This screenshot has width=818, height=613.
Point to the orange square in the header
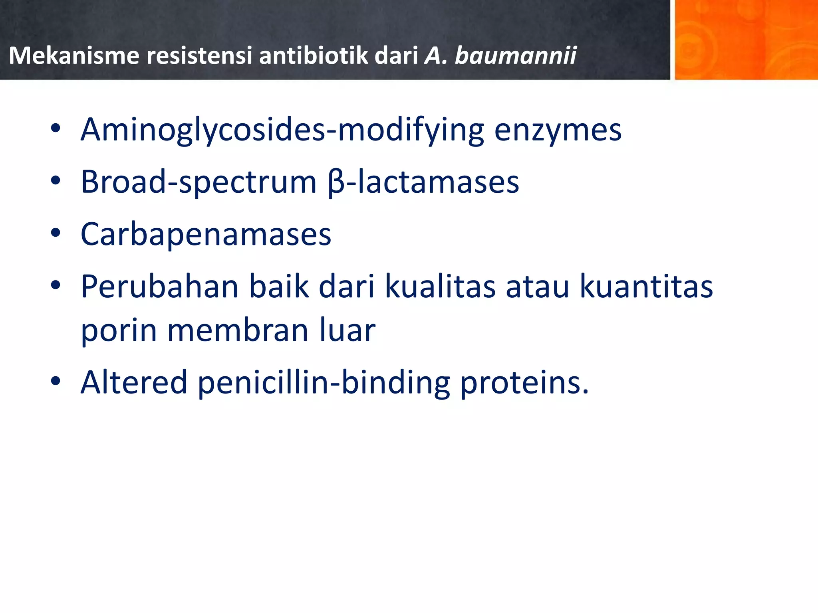click(746, 40)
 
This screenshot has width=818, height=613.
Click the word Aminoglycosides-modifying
click(282, 130)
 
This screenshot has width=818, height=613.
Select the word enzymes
click(558, 130)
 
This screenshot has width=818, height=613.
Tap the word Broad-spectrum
click(199, 182)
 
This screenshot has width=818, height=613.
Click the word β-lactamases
click(423, 182)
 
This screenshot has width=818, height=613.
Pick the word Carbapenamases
click(206, 234)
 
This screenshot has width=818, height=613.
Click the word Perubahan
click(160, 287)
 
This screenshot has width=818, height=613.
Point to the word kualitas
click(440, 287)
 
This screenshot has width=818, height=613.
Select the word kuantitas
click(646, 287)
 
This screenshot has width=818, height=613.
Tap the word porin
click(119, 331)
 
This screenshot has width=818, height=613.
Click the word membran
click(238, 331)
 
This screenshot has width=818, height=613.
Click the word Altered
click(134, 382)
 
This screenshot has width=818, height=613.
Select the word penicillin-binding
click(324, 382)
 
